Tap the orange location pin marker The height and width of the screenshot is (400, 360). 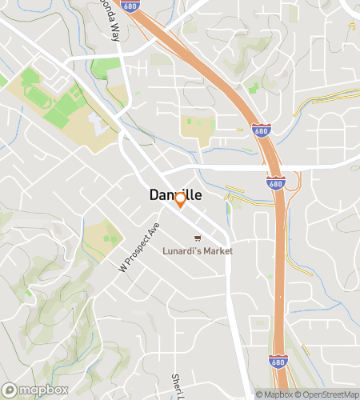point(181,200)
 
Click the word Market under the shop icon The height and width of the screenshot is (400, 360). point(217,250)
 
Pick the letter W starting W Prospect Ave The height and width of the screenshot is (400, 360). point(123,268)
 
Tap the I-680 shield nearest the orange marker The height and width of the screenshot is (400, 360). point(273,184)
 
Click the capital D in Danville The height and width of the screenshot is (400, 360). point(155,194)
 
